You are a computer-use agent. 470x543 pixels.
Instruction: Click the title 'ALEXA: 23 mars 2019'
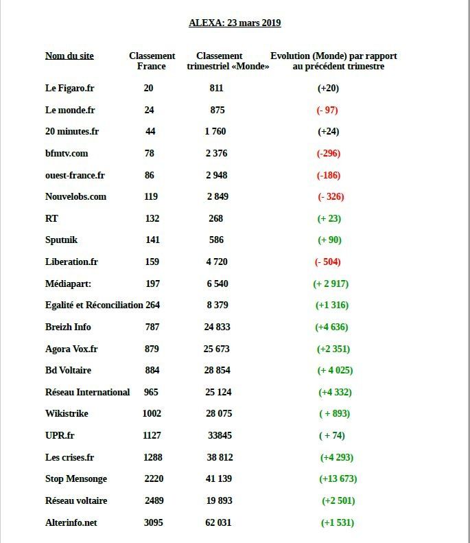(x=235, y=23)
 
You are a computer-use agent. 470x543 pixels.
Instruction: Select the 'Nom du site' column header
(x=69, y=56)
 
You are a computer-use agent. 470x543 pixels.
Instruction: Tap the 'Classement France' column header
(x=152, y=61)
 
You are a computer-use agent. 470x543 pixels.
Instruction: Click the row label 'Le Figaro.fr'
(x=69, y=88)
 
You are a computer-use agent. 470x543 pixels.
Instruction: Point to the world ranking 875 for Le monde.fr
(x=218, y=110)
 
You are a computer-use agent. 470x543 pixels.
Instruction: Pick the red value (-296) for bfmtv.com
(x=328, y=153)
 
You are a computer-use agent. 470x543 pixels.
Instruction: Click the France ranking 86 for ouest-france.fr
(x=150, y=175)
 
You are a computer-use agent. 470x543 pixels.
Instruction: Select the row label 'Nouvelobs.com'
(x=75, y=196)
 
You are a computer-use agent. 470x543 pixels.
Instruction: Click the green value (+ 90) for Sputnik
(x=329, y=240)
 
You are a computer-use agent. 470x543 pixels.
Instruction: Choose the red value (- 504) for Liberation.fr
(x=327, y=262)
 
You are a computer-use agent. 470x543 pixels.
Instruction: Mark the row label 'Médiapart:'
(x=68, y=284)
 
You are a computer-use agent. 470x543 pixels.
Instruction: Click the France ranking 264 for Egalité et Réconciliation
(x=152, y=305)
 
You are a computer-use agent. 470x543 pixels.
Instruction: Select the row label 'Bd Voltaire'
(x=68, y=370)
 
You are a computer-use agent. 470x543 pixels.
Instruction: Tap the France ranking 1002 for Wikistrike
(x=152, y=413)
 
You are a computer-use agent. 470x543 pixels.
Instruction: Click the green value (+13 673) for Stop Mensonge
(x=338, y=478)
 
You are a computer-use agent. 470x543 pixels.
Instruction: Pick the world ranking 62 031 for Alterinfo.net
(x=218, y=522)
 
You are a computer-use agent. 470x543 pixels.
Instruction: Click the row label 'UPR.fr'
(x=60, y=435)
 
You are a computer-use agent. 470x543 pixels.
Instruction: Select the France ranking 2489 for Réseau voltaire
(x=154, y=500)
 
